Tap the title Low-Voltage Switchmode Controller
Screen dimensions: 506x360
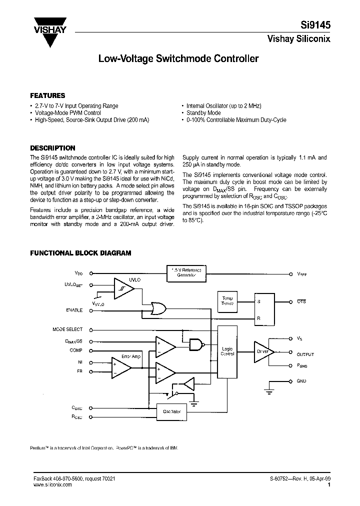(x=178, y=59)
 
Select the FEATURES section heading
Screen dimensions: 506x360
(x=47, y=95)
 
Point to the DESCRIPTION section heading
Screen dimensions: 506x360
(x=52, y=148)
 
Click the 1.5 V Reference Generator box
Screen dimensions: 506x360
(x=186, y=273)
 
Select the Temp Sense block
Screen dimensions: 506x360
(x=227, y=301)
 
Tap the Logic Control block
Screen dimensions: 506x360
(x=227, y=351)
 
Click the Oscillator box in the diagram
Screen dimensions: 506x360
(x=171, y=411)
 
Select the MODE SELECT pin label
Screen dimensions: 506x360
(x=67, y=329)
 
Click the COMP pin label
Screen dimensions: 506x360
(x=76, y=350)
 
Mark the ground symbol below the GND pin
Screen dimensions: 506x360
(x=270, y=391)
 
